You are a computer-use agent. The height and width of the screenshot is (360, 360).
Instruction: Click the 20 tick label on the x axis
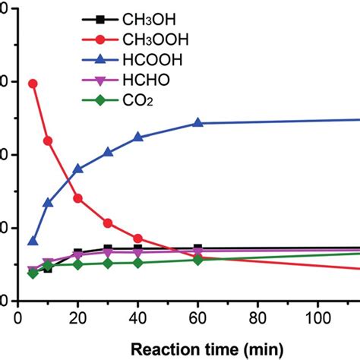77,314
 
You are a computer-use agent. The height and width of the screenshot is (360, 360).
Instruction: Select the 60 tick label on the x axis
198,314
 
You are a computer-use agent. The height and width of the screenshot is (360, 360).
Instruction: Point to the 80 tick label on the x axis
258,314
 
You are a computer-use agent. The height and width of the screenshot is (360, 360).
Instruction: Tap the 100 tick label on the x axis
318,314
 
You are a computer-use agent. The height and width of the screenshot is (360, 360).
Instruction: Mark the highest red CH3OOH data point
33,84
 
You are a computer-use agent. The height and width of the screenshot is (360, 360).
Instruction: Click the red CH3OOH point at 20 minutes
77,198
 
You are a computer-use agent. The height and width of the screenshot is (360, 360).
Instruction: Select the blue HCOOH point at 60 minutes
198,123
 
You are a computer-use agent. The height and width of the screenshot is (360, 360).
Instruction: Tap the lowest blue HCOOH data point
33,241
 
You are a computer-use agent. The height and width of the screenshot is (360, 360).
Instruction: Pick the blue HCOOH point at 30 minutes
108,152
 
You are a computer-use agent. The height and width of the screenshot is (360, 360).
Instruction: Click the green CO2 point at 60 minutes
198,260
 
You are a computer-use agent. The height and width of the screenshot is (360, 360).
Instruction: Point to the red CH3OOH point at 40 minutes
137,238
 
